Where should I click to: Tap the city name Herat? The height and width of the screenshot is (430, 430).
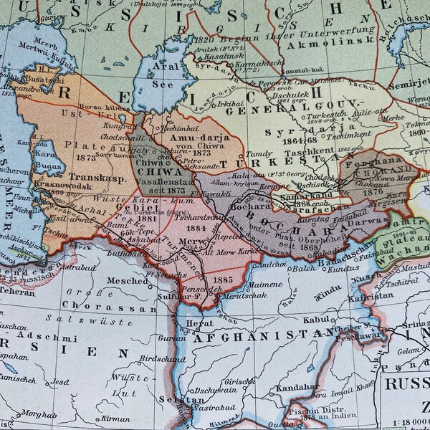tap(200, 323)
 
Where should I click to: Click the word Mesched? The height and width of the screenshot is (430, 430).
tap(128, 281)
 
